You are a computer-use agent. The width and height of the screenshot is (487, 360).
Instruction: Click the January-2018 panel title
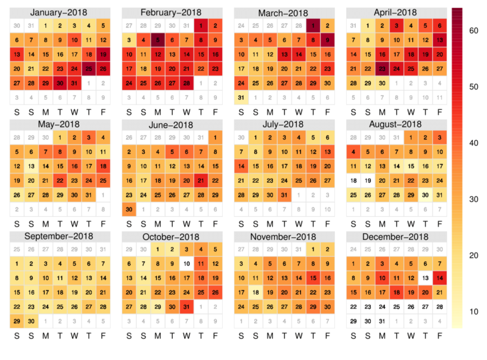tap(59, 13)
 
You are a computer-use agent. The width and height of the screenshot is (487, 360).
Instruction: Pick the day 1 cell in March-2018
tap(313, 25)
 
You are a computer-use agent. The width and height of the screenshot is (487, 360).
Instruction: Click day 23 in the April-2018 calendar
tap(382, 69)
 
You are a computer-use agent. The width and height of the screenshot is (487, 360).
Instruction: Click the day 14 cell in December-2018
tap(441, 278)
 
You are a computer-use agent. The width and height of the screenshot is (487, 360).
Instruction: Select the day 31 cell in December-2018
tap(382, 321)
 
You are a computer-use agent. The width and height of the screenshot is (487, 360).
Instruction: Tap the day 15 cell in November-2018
tap(313, 278)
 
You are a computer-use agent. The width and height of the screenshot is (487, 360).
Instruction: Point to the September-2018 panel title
tap(59, 237)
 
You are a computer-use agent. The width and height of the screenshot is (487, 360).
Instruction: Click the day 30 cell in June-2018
tap(127, 209)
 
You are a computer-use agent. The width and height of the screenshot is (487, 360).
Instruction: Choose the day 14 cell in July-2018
tap(241, 166)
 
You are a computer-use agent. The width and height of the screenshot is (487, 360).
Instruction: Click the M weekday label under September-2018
tap(45, 337)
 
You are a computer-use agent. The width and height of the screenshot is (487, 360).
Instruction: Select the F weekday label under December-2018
tap(441, 337)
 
